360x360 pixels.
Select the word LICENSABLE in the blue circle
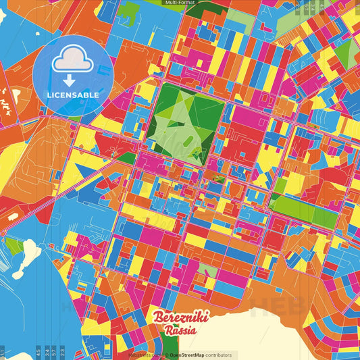tap(73, 95)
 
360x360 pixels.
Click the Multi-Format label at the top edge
tap(180, 3)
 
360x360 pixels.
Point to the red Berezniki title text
tap(181, 317)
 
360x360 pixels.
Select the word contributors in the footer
tap(218, 355)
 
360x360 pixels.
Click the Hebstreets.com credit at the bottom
tap(143, 355)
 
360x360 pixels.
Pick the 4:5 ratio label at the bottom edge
tap(38, 351)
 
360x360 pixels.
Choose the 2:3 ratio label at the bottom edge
tap(63, 351)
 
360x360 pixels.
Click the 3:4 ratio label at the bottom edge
tap(46, 351)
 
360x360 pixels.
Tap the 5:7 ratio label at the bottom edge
tap(54, 351)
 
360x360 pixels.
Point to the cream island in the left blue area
tap(28, 254)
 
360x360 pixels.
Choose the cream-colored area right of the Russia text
tap(270, 334)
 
